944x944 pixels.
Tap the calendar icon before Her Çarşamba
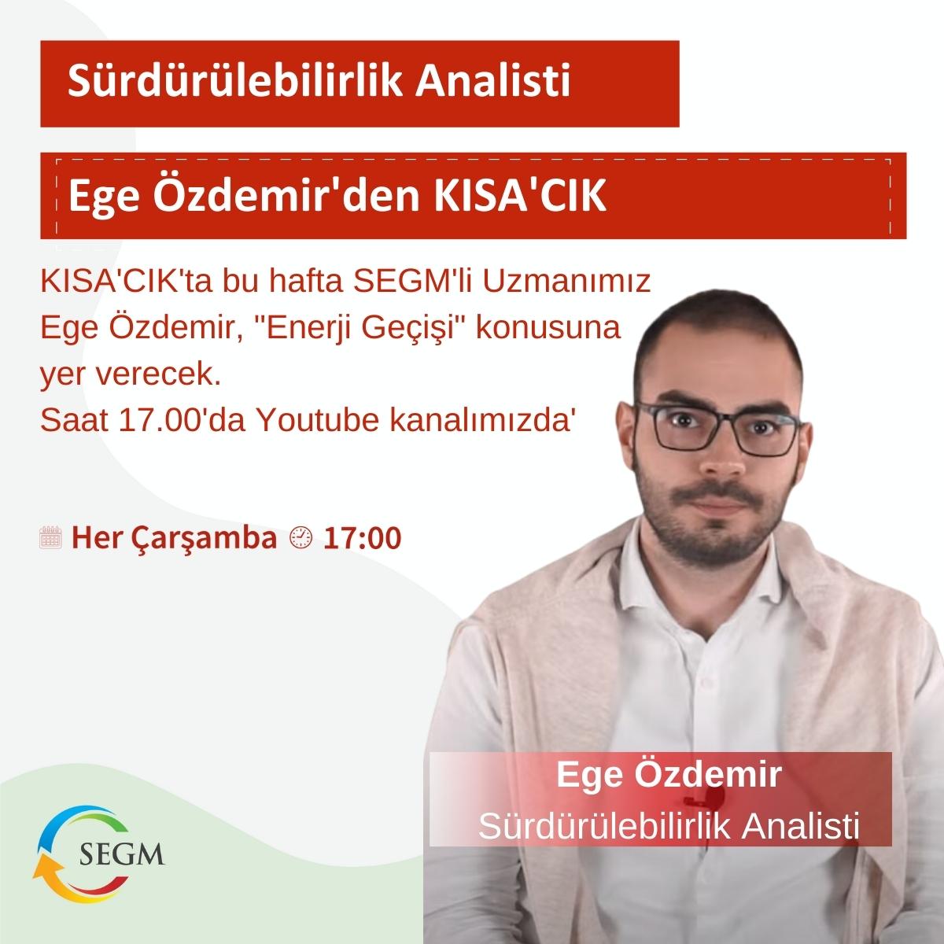[50, 538]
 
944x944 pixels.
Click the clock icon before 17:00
[301, 538]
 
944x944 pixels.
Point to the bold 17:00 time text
[363, 538]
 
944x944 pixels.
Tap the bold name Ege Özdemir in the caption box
[668, 774]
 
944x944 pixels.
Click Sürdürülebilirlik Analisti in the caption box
[668, 825]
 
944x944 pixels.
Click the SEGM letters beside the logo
[123, 854]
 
